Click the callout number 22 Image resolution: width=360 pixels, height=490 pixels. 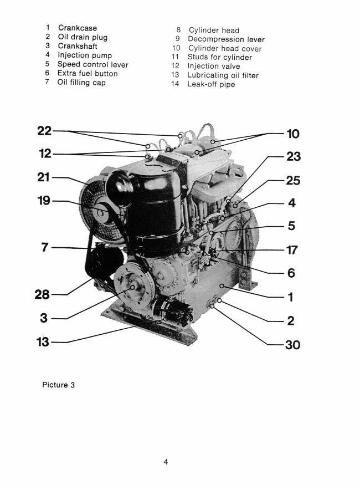point(44,131)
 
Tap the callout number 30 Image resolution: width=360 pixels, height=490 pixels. point(292,344)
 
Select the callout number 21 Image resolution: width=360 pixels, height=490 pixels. point(44,177)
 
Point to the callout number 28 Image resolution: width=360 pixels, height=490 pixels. point(44,294)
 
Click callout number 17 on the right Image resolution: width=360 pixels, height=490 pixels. point(292,250)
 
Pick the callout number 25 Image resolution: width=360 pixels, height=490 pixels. point(292,181)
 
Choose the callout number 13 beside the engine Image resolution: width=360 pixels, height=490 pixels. point(43,342)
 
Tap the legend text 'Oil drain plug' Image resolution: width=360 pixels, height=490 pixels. point(83,37)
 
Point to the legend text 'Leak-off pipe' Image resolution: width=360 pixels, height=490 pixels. point(212,84)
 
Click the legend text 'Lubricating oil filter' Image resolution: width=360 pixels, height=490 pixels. point(223,75)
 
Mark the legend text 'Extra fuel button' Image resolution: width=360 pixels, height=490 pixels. point(88,73)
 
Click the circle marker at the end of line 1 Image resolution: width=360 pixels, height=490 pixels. point(222,284)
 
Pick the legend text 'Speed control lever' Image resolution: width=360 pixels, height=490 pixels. point(92,64)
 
